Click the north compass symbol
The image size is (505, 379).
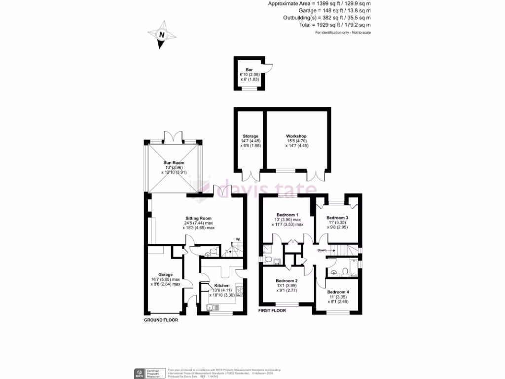point(161,35)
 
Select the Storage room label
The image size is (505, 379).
point(251,136)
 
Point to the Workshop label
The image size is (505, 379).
point(296,136)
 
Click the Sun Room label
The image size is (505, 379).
point(174,162)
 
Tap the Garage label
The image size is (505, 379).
point(165,274)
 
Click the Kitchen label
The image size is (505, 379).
point(222,286)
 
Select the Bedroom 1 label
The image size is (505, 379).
point(287,215)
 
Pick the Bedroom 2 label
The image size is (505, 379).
point(287,280)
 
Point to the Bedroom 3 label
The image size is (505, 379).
point(337,218)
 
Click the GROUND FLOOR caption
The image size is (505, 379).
point(161,320)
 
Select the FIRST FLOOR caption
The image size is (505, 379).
point(275,311)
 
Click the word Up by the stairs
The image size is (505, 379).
point(238,240)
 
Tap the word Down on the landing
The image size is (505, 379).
point(322,250)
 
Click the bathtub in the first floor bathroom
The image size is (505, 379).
point(352,270)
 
